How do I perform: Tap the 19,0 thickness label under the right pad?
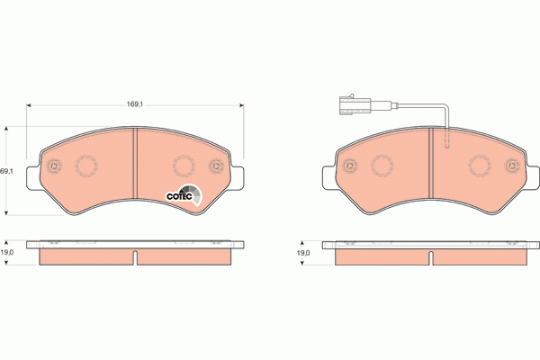tap(303, 253)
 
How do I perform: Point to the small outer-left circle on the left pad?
tap(54, 166)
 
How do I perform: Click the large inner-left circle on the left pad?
tap(88, 166)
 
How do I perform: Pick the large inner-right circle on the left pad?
tap(184, 166)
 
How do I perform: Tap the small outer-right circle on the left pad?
tap(216, 166)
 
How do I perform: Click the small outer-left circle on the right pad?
tap(348, 166)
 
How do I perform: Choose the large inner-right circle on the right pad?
tap(478, 166)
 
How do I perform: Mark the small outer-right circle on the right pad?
tap(511, 166)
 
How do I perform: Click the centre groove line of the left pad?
tap(134, 166)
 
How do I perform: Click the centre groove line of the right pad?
tap(430, 166)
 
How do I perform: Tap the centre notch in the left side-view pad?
tap(135, 259)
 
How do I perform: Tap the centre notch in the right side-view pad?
tap(430, 259)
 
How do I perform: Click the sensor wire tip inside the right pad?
tap(446, 144)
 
